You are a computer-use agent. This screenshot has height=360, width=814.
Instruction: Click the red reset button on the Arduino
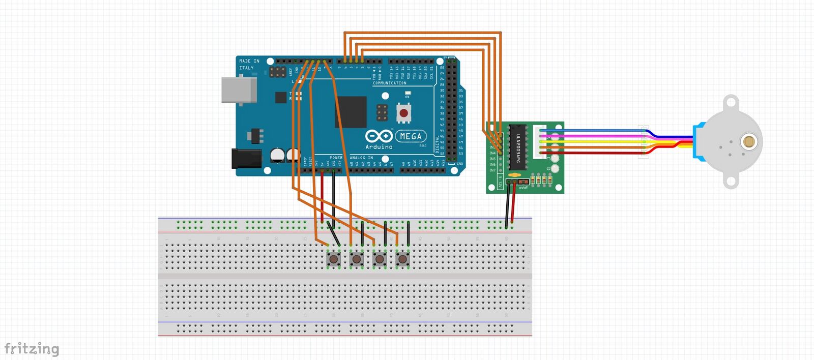pos(403,113)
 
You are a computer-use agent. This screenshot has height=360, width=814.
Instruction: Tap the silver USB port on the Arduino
pos(239,90)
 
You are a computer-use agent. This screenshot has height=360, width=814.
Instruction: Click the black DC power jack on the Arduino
pos(246,158)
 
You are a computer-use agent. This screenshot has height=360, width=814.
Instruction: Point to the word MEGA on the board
pos(411,136)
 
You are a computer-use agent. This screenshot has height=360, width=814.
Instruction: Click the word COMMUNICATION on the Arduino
pos(390,83)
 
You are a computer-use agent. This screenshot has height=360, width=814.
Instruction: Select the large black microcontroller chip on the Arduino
pos(351,112)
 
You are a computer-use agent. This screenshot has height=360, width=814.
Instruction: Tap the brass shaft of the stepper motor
pos(748,141)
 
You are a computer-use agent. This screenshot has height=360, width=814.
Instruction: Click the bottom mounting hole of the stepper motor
pos(731,181)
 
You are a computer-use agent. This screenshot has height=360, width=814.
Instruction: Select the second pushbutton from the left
pos(357,259)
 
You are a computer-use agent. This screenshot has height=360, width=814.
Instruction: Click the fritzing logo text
pos(32,349)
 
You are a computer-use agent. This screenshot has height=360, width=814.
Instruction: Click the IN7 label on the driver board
pos(492,170)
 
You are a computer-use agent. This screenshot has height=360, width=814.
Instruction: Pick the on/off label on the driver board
pos(523,188)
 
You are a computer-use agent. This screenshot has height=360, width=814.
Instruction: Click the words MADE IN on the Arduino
pos(249,61)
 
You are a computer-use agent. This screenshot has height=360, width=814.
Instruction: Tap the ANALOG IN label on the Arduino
pos(362,158)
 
